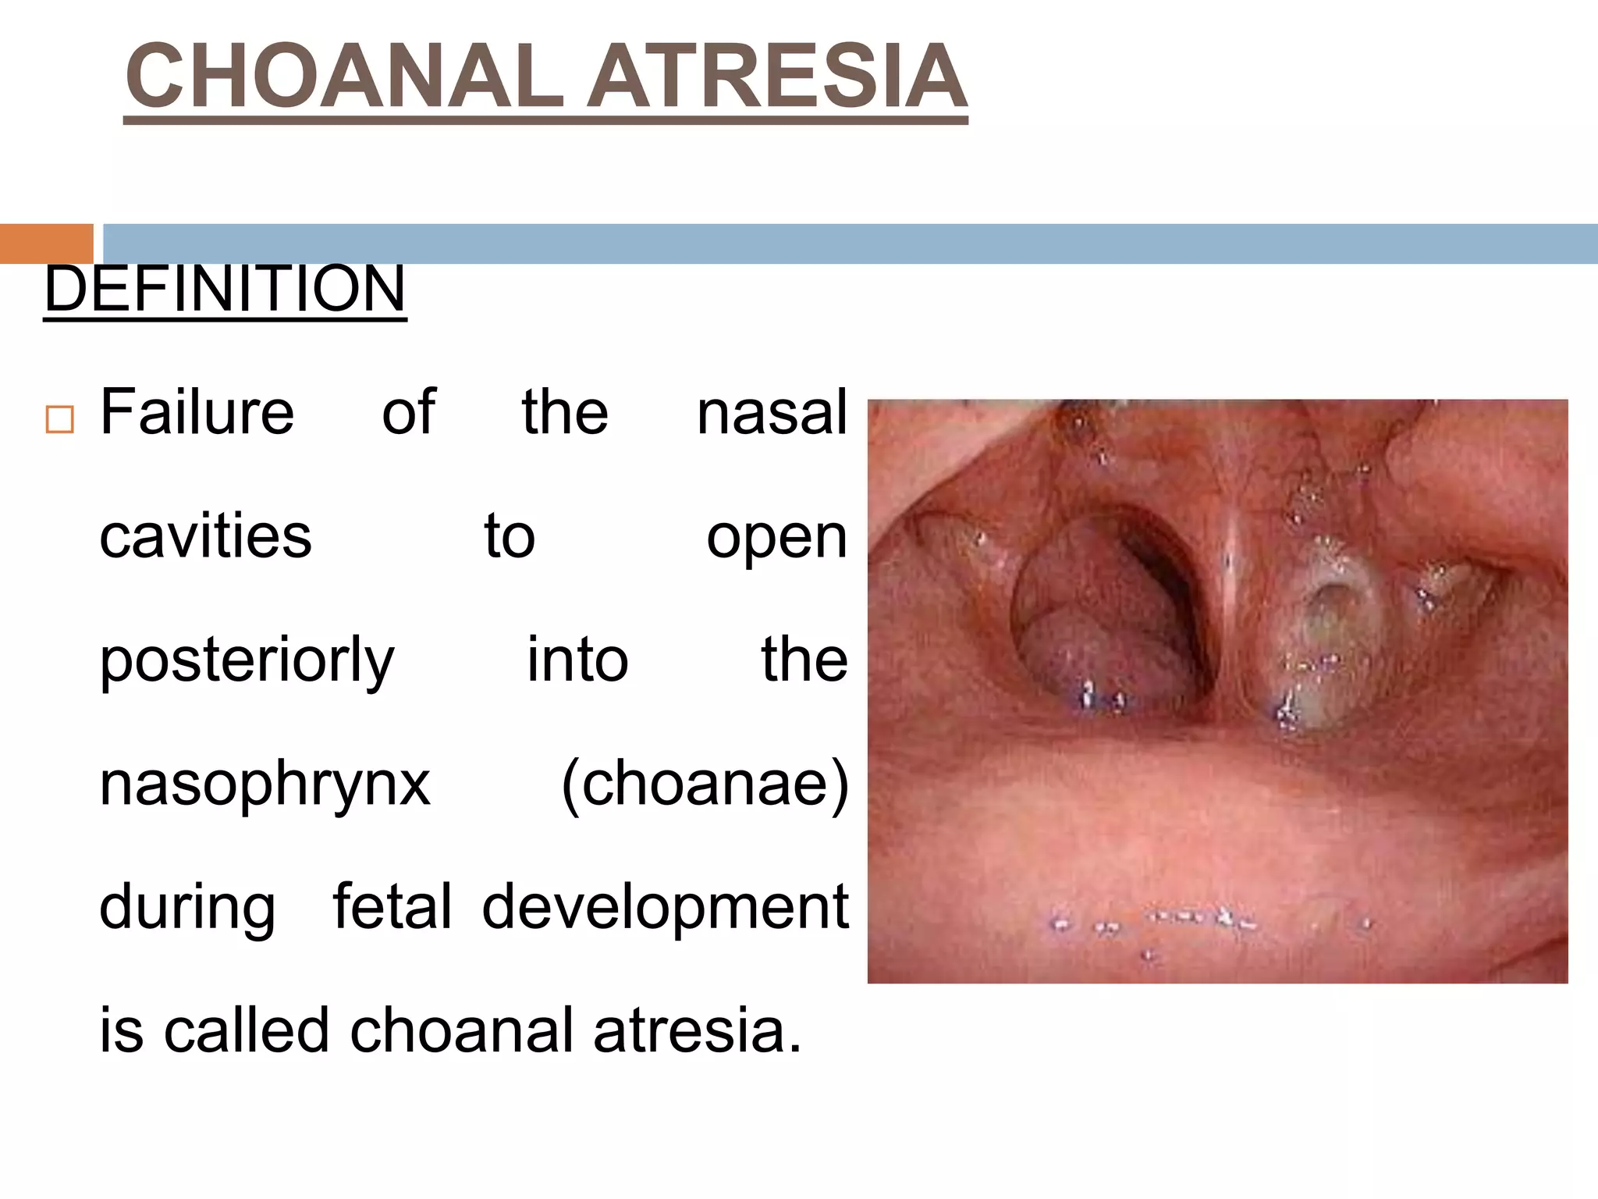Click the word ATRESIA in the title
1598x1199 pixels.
(776, 76)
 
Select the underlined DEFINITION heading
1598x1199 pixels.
(225, 289)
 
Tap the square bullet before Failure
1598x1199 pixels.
(59, 419)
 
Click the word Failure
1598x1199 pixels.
(197, 412)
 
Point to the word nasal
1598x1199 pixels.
(771, 412)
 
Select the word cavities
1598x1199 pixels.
(205, 536)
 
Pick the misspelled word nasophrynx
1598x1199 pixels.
(265, 785)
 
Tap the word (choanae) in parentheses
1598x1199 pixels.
(705, 783)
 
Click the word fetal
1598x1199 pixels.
(392, 906)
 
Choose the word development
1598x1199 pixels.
(665, 908)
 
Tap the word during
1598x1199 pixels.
(187, 908)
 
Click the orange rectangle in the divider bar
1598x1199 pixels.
(46, 244)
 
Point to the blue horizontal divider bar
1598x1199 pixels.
(850, 244)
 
